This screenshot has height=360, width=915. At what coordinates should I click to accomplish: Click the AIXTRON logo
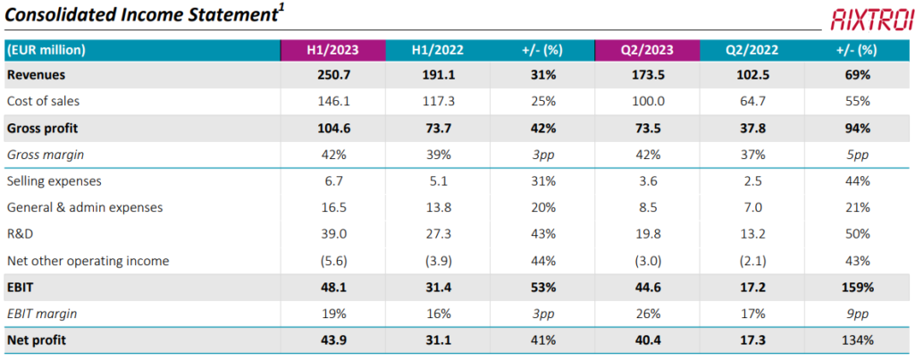click(x=872, y=20)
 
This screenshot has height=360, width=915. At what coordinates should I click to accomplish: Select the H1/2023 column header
click(x=332, y=50)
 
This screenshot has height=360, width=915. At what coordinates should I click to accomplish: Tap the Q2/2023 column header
click(x=647, y=50)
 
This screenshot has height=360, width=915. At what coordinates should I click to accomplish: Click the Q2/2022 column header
click(x=751, y=50)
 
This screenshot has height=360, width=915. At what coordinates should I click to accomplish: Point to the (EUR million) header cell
click(x=46, y=50)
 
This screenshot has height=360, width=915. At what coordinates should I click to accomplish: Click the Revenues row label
click(x=36, y=75)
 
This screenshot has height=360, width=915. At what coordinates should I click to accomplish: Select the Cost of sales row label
click(x=43, y=101)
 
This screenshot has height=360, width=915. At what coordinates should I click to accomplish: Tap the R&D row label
click(x=19, y=234)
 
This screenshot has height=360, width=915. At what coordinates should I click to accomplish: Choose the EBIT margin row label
click(x=42, y=314)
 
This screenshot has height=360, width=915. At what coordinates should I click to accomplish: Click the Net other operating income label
click(x=88, y=261)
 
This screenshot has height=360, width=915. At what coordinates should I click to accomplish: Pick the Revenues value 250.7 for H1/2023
click(x=332, y=75)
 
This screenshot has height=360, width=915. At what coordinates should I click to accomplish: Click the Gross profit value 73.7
click(x=437, y=128)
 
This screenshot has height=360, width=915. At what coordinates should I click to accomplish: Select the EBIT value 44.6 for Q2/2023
click(x=647, y=288)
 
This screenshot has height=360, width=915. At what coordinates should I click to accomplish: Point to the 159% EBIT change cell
click(x=857, y=288)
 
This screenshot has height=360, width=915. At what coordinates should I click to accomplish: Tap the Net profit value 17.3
click(x=751, y=340)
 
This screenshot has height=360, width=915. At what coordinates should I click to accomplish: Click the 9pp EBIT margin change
click(x=857, y=314)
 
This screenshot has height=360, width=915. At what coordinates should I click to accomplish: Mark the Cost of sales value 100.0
click(x=647, y=101)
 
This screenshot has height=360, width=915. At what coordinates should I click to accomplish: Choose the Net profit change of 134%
click(x=857, y=340)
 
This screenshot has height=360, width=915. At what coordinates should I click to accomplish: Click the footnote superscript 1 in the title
click(x=281, y=9)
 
